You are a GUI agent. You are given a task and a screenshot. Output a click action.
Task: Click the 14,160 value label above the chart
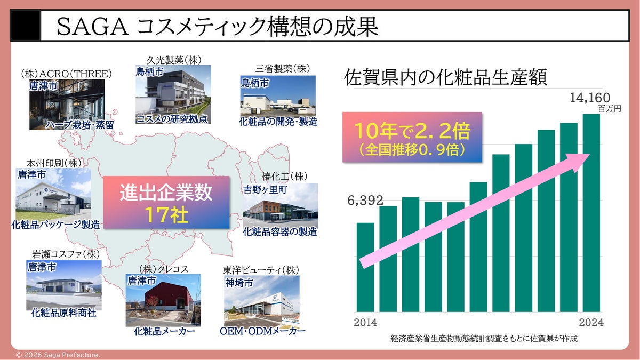click(590, 98)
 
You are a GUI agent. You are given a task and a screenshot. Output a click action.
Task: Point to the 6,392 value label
click(365, 201)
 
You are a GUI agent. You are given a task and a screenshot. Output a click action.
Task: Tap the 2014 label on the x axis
click(365, 322)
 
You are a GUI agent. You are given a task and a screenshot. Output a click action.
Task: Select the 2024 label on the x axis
click(591, 322)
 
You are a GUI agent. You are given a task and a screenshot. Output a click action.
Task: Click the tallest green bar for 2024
click(591, 213)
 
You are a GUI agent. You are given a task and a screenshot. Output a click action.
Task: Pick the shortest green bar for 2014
click(365, 267)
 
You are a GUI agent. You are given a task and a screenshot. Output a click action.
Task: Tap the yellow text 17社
click(166, 215)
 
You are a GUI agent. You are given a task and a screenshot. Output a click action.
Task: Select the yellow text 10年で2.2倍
click(412, 131)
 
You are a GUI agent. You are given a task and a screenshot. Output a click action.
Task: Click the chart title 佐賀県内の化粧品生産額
click(445, 77)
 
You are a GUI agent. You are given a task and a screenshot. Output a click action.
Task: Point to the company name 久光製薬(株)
click(174, 60)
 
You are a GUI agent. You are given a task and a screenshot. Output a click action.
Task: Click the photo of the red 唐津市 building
click(163, 300)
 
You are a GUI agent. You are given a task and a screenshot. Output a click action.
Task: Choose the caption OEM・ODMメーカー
click(262, 331)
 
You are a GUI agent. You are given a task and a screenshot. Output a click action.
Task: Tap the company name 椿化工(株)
click(285, 177)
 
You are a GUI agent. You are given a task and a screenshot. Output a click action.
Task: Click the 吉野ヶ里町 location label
click(265, 190)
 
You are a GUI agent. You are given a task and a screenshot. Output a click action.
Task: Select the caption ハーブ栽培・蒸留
click(79, 125)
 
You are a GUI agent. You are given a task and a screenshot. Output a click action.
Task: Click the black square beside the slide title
click(25, 26)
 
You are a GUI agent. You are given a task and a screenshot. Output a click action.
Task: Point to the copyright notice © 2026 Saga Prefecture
click(58, 355)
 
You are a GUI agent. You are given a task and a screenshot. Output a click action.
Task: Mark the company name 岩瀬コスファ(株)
click(66, 254)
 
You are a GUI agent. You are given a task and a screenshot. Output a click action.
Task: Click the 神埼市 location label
click(239, 283)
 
